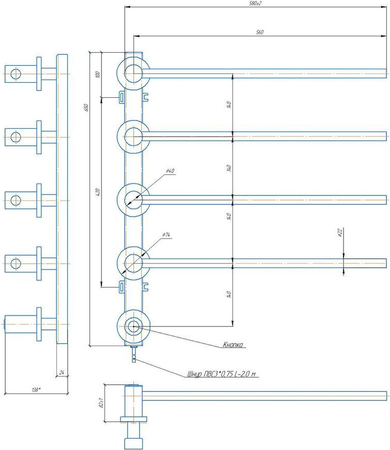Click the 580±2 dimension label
256,4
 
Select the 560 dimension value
260,32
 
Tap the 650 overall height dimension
86,108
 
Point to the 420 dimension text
98,192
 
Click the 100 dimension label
98,74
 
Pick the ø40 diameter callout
170,171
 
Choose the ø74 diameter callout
166,235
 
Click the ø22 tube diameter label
340,232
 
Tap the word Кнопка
233,344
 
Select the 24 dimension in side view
62,372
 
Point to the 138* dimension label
36,389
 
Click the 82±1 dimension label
101,402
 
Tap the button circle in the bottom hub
133,326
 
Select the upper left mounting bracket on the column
122,97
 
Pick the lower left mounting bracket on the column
122,287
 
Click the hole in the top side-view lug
16,74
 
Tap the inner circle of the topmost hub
133,73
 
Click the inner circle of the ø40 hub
133,200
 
